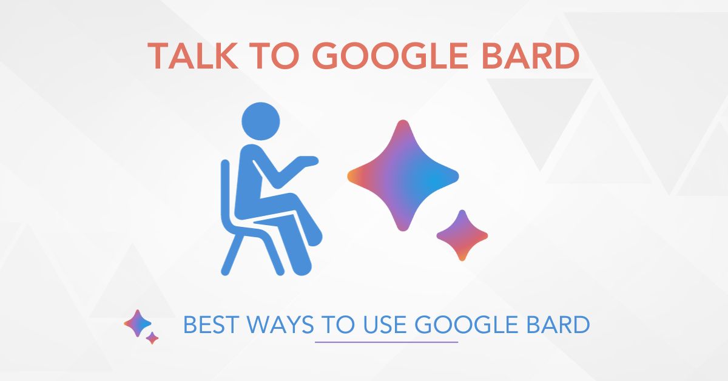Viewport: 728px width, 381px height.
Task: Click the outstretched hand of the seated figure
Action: tap(307, 161)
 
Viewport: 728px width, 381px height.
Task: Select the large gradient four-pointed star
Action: tap(402, 176)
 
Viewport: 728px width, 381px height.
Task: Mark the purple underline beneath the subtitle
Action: tap(386, 342)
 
